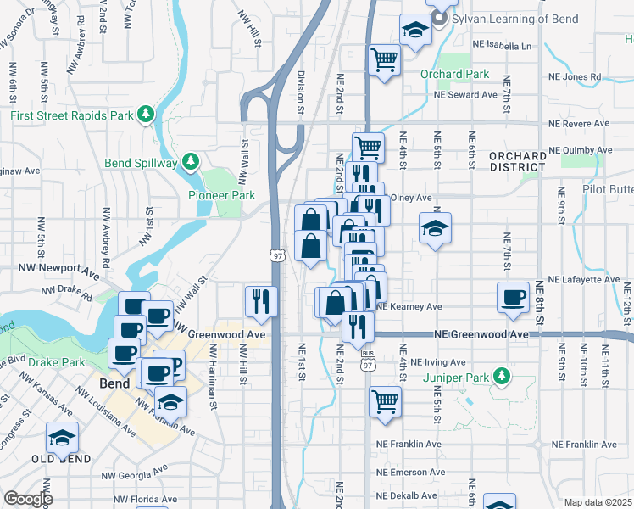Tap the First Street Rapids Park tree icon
(x=147, y=113)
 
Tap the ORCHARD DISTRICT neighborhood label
(x=518, y=161)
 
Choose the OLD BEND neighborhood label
(x=62, y=459)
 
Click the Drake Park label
(x=56, y=362)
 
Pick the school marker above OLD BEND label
(x=62, y=438)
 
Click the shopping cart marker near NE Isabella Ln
(x=385, y=60)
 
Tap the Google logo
(x=28, y=499)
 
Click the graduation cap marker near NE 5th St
(x=435, y=228)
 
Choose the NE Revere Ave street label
(x=579, y=123)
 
